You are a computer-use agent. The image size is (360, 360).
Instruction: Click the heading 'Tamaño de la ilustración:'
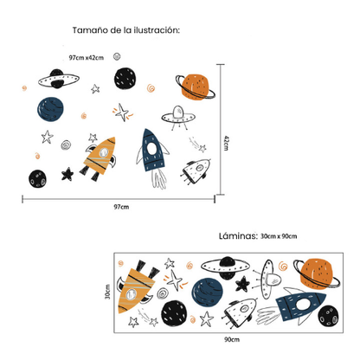126,29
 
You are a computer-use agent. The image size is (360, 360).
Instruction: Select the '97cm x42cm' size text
87,57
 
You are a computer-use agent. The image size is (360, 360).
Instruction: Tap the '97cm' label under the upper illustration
121,207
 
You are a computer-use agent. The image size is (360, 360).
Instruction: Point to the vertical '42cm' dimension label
225,142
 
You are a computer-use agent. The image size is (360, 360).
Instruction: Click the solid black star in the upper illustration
67,174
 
